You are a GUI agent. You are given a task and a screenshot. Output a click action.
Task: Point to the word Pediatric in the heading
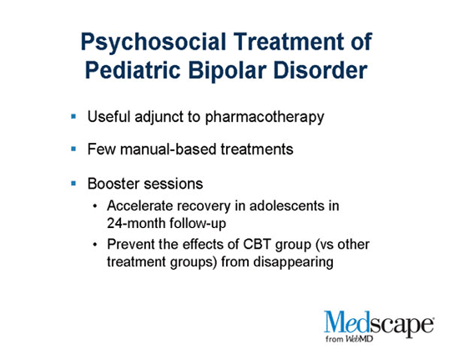pos(133,70)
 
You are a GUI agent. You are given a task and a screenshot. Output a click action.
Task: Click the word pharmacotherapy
pos(265,118)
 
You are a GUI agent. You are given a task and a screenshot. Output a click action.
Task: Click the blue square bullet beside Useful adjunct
pos(73,117)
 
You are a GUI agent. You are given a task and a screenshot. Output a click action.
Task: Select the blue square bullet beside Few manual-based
pos(73,150)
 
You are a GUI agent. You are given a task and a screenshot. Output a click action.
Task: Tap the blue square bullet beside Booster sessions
pos(73,184)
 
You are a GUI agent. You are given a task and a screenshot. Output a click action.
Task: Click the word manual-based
pos(169,150)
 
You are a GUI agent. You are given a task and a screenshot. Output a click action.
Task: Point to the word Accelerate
pos(139,205)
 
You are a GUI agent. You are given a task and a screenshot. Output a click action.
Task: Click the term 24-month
pos(136,223)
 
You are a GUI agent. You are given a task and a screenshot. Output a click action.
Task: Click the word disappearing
pos(293,262)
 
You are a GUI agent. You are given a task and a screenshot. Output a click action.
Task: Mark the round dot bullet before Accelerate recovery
pos(94,206)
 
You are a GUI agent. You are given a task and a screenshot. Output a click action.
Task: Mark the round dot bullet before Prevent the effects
pos(94,244)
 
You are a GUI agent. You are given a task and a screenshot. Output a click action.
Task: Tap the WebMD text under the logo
pos(359,339)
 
